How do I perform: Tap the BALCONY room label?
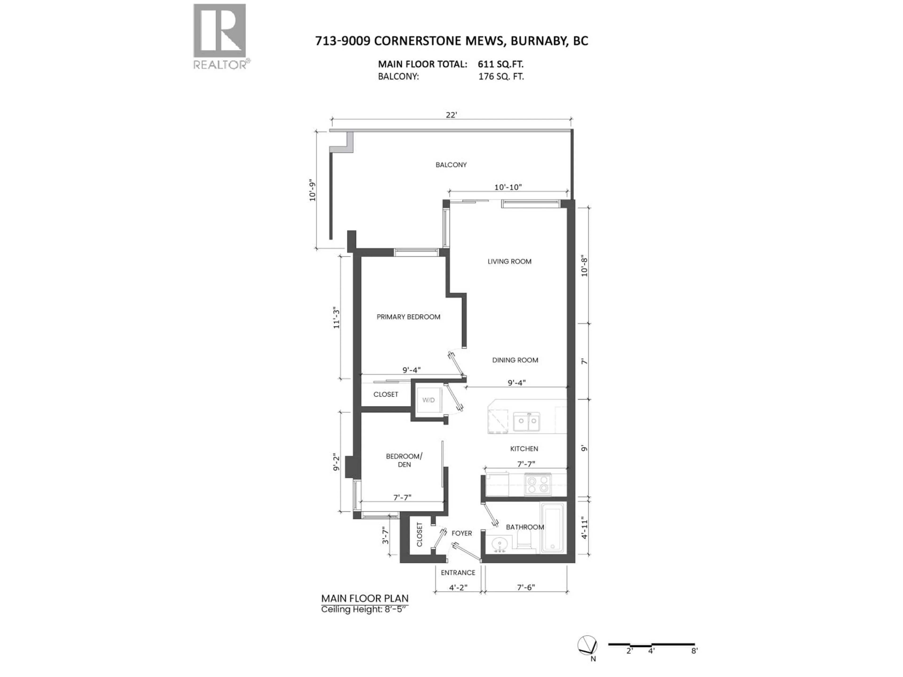tap(451, 165)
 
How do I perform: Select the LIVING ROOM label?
tap(510, 262)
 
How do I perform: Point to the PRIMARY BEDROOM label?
tap(408, 317)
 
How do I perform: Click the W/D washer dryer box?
tap(428, 400)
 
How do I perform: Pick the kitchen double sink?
tap(527, 421)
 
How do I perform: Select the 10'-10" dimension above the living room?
tap(508, 187)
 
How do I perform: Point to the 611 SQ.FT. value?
tap(500, 64)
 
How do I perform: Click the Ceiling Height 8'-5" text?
tap(364, 610)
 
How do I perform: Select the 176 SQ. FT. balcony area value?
tap(501, 76)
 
